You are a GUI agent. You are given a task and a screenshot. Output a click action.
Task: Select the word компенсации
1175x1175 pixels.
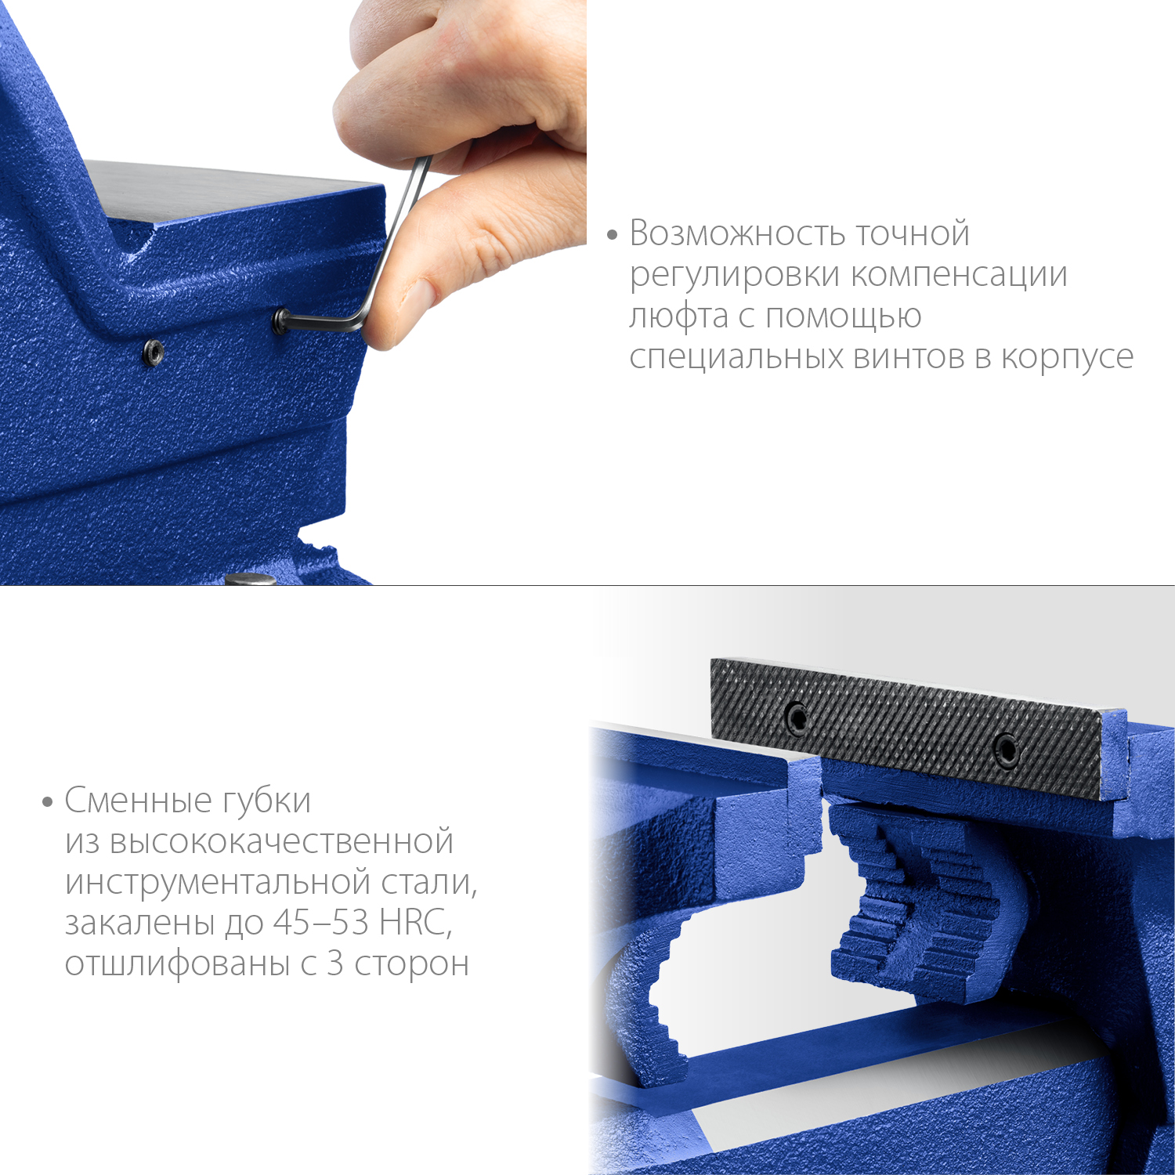960,276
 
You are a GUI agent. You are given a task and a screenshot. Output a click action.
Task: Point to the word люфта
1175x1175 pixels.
678,317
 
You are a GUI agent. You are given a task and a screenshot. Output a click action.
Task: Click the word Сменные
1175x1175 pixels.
139,801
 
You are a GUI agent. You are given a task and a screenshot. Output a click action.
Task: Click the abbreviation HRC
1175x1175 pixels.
415,923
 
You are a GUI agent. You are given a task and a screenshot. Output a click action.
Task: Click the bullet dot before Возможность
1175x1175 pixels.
613,234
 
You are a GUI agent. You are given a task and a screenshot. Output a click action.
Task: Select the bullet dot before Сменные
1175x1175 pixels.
47,801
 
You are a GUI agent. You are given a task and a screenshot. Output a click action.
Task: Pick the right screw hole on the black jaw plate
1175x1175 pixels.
1006,749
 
